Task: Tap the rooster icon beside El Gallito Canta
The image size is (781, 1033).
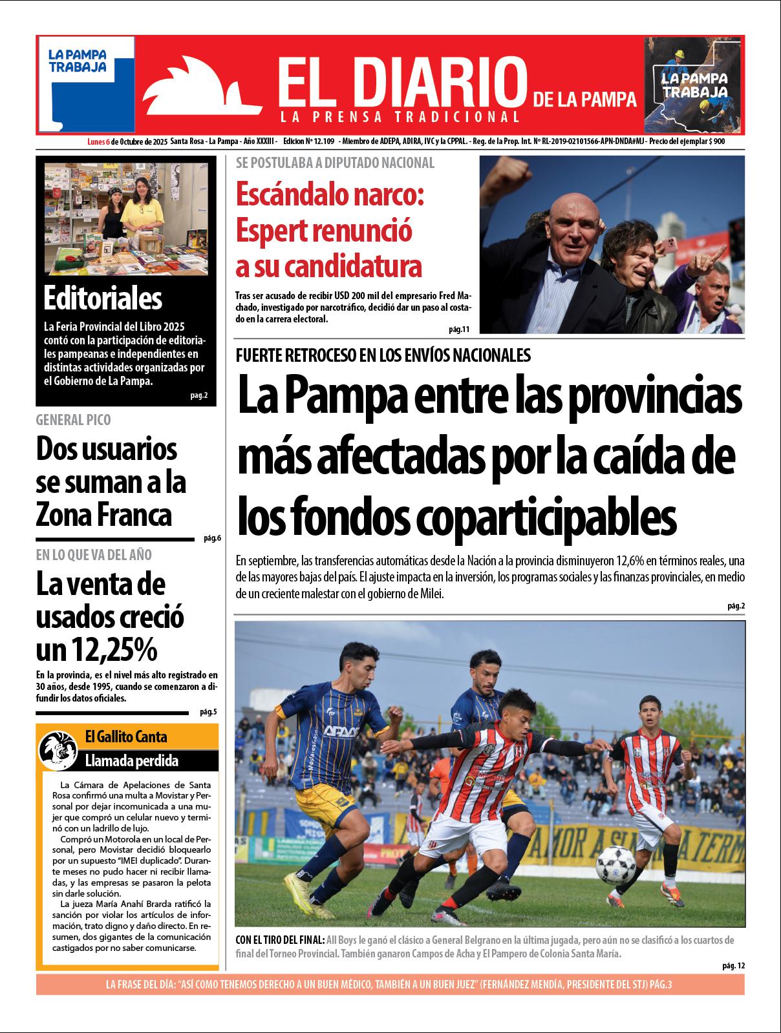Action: point(58,748)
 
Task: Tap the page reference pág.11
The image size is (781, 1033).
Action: point(458,329)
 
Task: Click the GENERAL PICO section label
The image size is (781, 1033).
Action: point(73,420)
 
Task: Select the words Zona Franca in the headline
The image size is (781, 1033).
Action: point(103,516)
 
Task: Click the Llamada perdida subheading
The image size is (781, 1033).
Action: point(131,760)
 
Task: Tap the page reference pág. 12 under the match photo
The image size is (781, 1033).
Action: point(734,965)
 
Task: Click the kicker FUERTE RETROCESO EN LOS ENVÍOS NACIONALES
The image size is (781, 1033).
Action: point(383,355)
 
